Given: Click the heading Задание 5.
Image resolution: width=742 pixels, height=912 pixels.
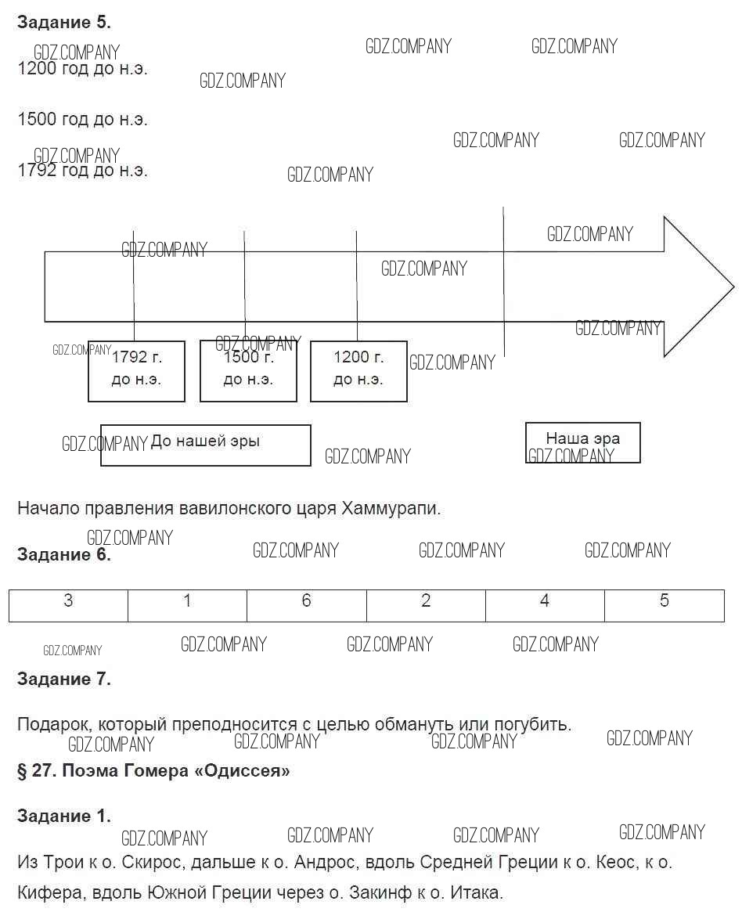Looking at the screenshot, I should [63, 23].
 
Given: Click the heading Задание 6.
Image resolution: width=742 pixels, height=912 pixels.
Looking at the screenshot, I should [63, 555].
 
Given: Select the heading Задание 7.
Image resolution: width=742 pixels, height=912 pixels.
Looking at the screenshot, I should [63, 679].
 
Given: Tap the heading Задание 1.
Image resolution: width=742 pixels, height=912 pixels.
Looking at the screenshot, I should [63, 816].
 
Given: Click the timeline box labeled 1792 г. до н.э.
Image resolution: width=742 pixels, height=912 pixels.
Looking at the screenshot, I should [136, 371].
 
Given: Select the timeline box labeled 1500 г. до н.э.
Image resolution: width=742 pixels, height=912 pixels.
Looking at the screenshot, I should [248, 371].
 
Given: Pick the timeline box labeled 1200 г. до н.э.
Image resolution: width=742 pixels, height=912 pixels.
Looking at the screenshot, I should [358, 371].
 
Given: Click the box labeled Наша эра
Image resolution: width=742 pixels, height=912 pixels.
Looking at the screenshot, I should [582, 442].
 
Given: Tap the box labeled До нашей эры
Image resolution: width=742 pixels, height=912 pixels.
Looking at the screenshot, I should [205, 445].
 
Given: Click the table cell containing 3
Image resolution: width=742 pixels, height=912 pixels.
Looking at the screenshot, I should [68, 605].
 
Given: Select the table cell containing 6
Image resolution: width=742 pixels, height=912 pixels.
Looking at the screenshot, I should [306, 605].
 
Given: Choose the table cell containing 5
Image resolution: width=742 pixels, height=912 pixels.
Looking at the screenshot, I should [664, 605].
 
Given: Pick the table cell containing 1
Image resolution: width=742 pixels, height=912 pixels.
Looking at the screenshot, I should [187, 605].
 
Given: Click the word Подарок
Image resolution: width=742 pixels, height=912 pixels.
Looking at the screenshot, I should [51, 724].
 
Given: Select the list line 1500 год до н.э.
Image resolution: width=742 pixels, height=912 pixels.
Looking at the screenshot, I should [82, 120].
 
